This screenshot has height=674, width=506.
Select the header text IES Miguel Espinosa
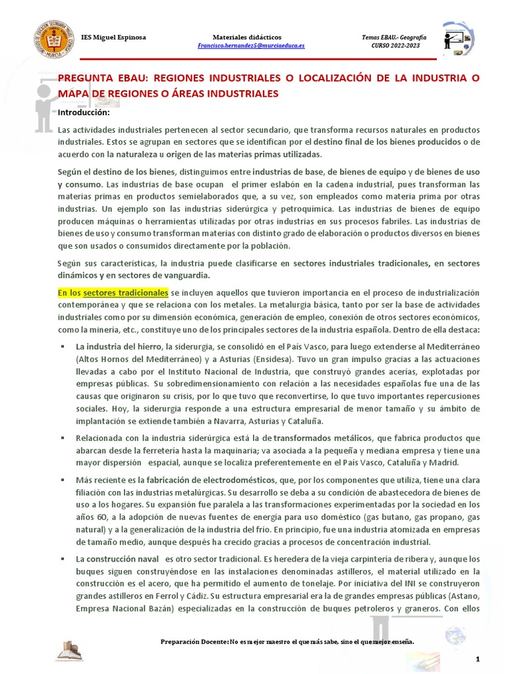tap(113, 37)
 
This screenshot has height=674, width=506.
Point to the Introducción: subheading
tap(83, 113)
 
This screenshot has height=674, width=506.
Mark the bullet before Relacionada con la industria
tap(61, 438)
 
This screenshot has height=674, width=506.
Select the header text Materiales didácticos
tap(247, 37)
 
